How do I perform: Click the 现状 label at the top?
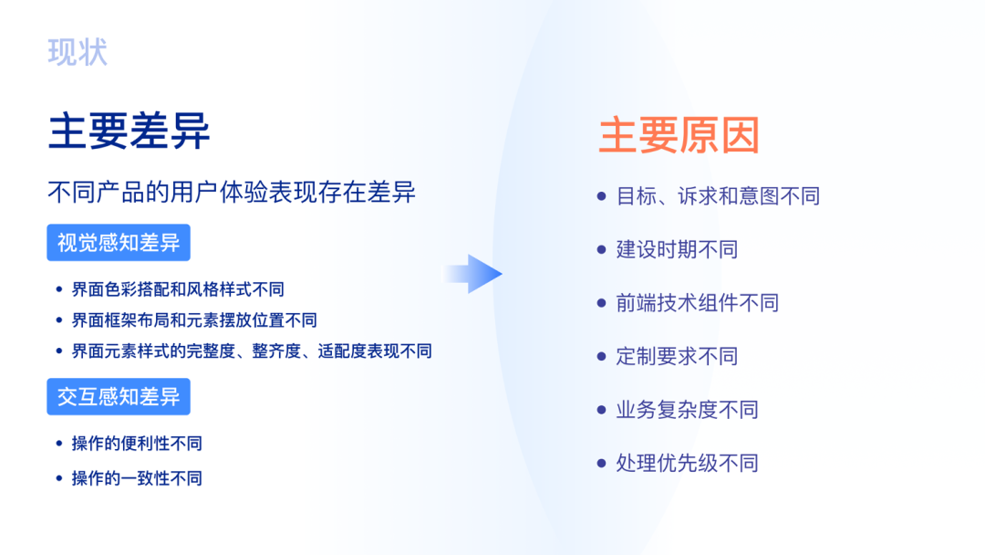coord(78,52)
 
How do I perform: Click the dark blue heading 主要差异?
coord(129,131)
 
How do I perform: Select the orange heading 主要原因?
coord(679,135)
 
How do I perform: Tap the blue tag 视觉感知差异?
coord(119,243)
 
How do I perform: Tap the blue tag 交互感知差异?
coord(119,397)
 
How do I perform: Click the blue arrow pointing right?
coord(474,274)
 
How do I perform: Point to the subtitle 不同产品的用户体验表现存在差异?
coord(232,193)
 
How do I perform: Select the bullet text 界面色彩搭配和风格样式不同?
coord(178,289)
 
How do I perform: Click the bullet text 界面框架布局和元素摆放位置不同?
coord(194,320)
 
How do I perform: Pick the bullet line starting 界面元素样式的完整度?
coord(252,351)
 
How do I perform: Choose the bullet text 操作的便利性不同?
coord(137,444)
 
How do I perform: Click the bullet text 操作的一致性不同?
coord(137,478)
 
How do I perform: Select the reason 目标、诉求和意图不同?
coord(718,196)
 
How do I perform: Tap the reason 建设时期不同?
coord(677,249)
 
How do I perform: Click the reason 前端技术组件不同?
coord(698,303)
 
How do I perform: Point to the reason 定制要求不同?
coord(677,356)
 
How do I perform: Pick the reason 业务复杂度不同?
coord(687,410)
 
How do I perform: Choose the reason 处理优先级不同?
coord(687,463)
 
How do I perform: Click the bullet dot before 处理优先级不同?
coord(601,463)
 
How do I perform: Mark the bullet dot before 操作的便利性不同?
coord(59,444)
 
